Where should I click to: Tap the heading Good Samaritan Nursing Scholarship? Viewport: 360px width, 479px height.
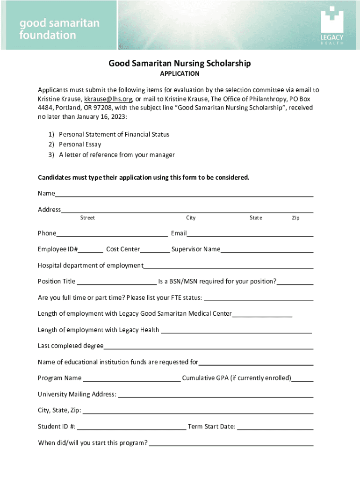[x=180, y=63]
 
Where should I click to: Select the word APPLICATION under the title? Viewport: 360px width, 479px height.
[x=180, y=74]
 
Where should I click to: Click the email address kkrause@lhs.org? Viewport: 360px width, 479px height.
[x=108, y=99]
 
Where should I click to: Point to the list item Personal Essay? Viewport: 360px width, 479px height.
[x=80, y=145]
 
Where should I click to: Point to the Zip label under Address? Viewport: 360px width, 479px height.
[x=295, y=218]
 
